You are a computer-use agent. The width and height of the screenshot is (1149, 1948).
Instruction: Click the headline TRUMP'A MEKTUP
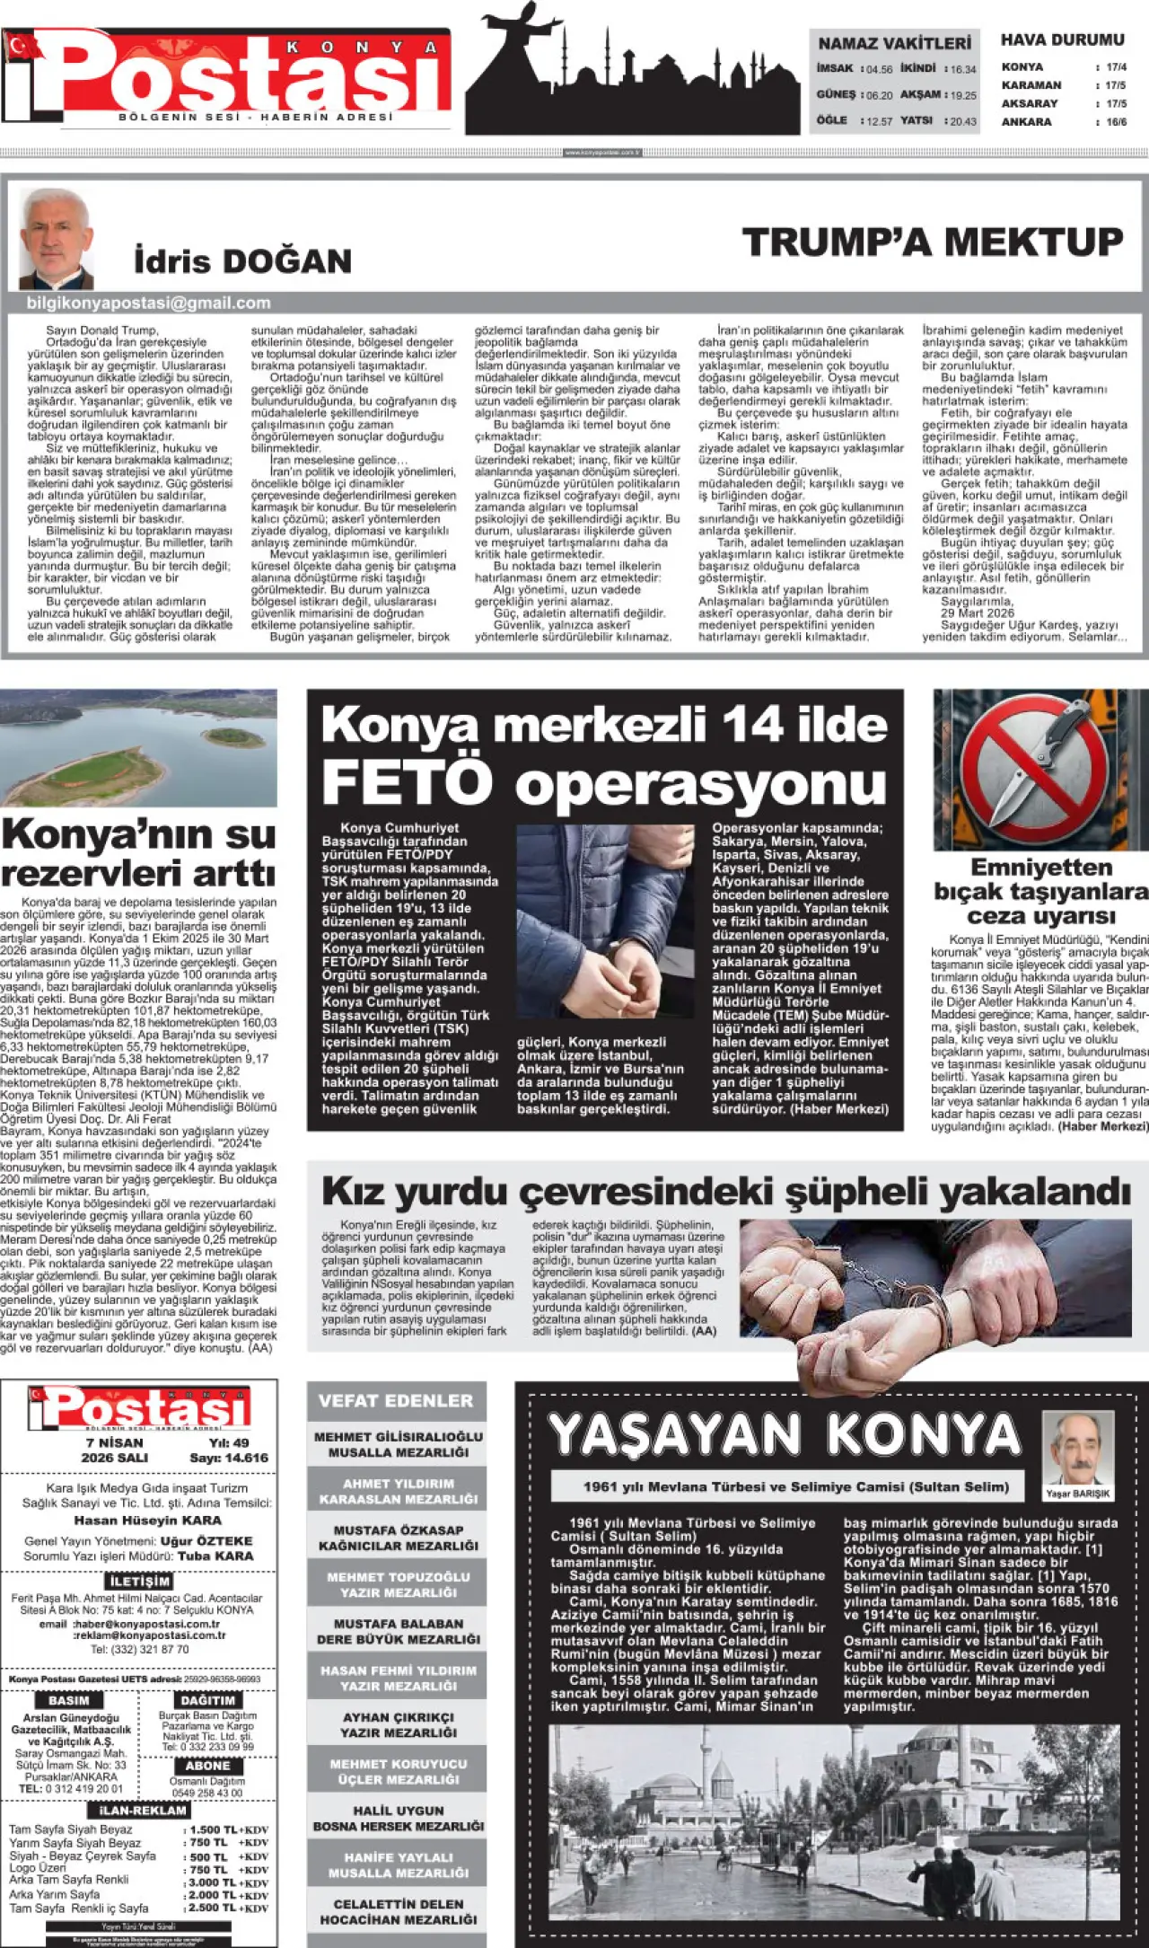(x=933, y=242)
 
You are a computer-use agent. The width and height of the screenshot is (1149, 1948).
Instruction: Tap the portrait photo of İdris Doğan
(x=57, y=237)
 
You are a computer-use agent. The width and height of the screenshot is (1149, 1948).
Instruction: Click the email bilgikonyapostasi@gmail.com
(x=148, y=304)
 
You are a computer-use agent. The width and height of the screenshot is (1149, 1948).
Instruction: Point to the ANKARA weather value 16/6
(x=1116, y=122)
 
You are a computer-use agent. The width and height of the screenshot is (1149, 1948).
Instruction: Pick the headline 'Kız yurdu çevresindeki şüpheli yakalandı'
(x=725, y=1192)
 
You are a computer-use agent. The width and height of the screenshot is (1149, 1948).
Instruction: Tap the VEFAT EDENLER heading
(x=396, y=1400)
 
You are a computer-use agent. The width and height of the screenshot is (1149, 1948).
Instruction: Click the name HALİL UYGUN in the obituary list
(x=398, y=1810)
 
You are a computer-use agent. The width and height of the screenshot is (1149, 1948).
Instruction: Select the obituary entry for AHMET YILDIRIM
(x=398, y=1492)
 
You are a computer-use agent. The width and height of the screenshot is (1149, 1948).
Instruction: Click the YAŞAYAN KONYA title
(x=785, y=1434)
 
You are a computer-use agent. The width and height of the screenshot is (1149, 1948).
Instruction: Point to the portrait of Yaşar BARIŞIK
(x=1077, y=1450)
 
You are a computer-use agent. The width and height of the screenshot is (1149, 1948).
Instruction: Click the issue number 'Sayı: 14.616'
(x=229, y=1458)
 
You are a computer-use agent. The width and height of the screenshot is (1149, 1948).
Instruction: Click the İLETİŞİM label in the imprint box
(x=139, y=1581)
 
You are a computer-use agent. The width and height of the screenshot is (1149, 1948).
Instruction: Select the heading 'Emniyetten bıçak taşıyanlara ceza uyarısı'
(x=1041, y=891)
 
